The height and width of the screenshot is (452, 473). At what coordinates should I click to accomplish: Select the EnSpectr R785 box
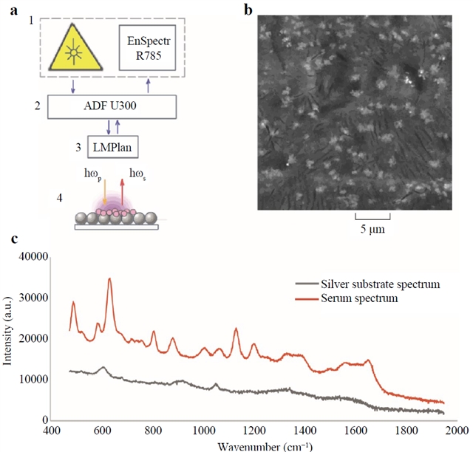pos(151,47)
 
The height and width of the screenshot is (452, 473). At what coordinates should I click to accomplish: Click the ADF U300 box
pos(112,106)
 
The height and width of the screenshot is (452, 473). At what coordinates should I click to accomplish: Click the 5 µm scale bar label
pos(372,230)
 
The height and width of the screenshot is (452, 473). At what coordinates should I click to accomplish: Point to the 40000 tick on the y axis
pos(32,257)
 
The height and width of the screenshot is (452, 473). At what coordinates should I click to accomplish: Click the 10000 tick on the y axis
pos(32,380)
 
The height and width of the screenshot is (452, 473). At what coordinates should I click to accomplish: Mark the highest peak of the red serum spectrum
pos(109,279)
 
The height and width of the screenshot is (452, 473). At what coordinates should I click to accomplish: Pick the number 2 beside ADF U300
pos(36,106)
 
